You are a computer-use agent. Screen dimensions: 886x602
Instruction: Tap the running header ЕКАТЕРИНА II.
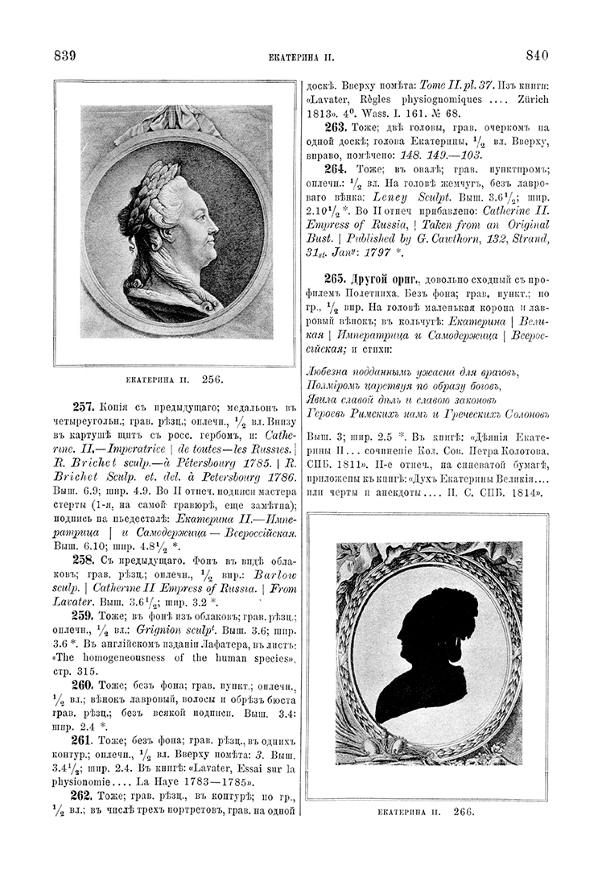pos(300,57)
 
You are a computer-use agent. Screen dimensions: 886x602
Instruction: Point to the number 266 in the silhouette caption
pos(463,812)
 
